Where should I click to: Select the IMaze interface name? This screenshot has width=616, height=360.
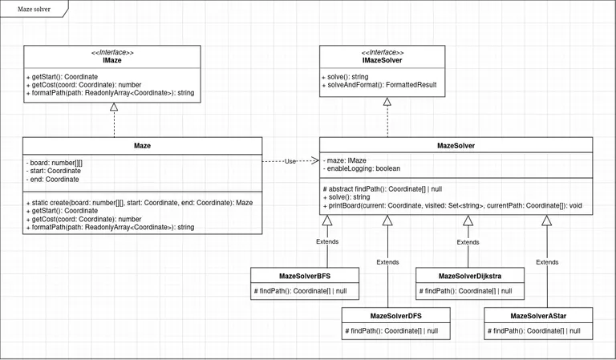pos(112,60)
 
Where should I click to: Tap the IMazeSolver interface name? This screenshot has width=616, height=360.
pos(382,60)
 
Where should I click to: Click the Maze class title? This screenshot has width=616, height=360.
pos(142,146)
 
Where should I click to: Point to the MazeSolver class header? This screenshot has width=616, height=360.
pos(456,146)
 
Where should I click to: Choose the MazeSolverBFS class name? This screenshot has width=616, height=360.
pos(305,276)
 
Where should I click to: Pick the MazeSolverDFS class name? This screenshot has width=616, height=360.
pos(395,316)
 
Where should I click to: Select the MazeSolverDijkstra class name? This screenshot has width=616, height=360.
pos(469,276)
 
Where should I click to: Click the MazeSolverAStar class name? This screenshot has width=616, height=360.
pos(538,316)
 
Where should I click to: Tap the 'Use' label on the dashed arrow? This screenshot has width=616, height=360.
pos(290,161)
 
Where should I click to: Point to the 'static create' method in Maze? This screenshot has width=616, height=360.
pos(142,202)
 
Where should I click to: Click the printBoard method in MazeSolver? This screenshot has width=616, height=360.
pos(453,206)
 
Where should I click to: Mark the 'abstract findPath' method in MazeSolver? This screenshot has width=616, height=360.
pos(383,188)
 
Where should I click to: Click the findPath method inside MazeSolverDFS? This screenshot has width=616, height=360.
pos(391,330)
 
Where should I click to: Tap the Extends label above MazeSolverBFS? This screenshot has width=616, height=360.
pos(327,241)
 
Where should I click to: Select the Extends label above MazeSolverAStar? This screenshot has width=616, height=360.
pos(547,261)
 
